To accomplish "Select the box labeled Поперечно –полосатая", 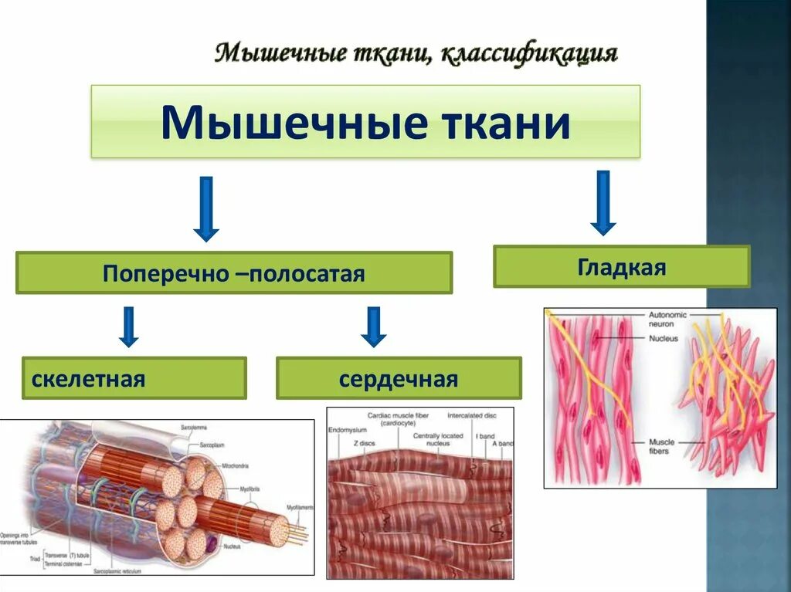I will (x=233, y=273).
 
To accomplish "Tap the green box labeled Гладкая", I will (x=621, y=267).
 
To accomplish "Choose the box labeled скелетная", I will (x=134, y=378).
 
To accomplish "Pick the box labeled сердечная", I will (x=399, y=378).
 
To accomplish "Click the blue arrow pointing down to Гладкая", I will (x=603, y=203).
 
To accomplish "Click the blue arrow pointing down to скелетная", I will (x=129, y=326).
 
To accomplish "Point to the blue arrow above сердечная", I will (x=373, y=326).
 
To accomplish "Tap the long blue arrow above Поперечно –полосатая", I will (x=206, y=209).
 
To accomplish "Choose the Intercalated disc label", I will (x=471, y=414).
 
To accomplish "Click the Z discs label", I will (x=365, y=444).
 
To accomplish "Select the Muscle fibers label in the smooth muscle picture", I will (x=661, y=447).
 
